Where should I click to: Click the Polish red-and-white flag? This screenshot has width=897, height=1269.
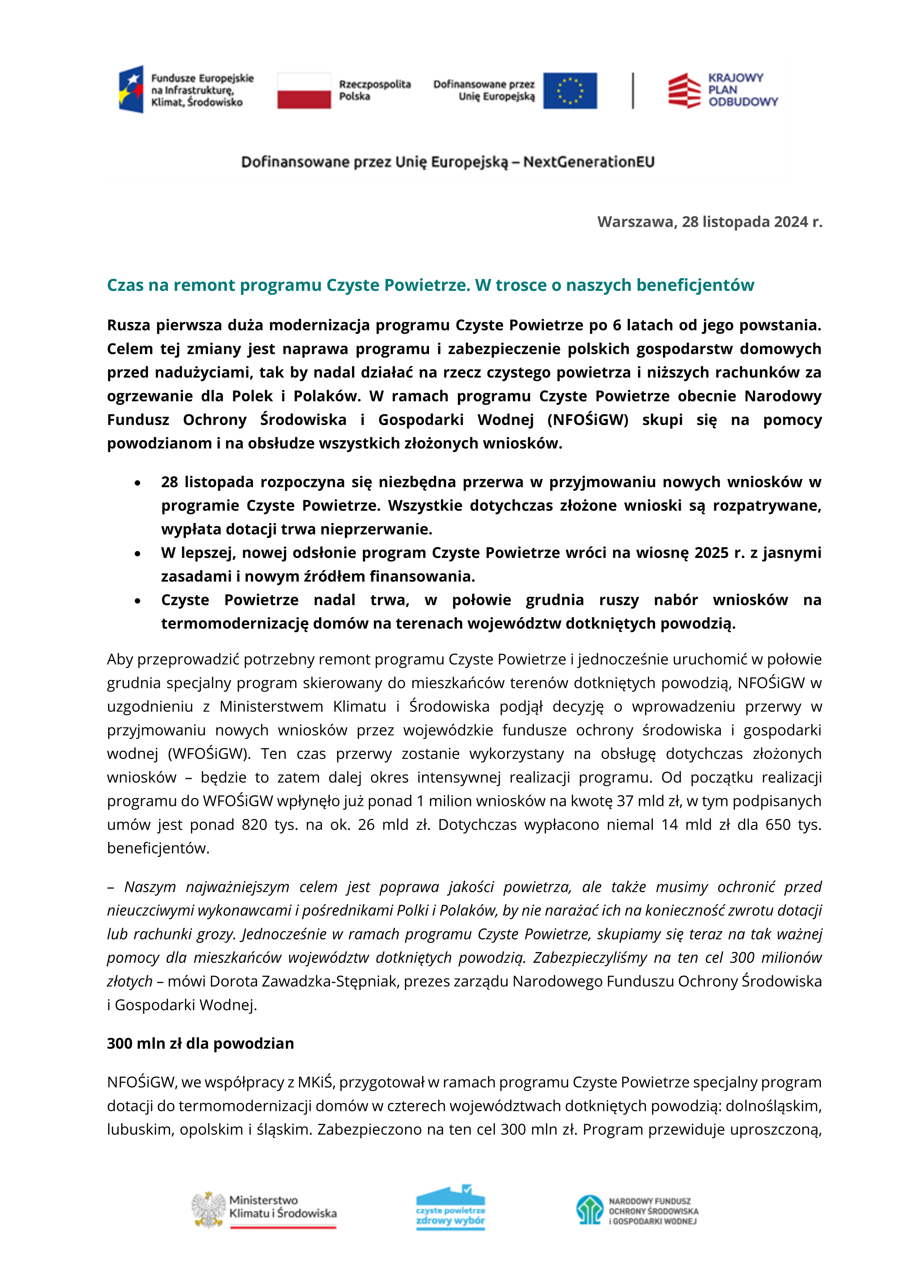coord(304,91)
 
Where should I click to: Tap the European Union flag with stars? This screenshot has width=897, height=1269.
coord(569,91)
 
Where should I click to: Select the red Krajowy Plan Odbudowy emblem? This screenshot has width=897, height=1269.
coord(684,91)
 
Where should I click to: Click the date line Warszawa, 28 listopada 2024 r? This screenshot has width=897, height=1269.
coord(710,222)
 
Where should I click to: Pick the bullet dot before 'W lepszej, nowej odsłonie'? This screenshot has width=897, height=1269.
coord(137,554)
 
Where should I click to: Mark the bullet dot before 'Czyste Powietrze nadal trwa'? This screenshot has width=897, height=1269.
coord(137,601)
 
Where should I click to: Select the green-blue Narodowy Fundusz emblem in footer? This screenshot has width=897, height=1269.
coord(589,1209)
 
